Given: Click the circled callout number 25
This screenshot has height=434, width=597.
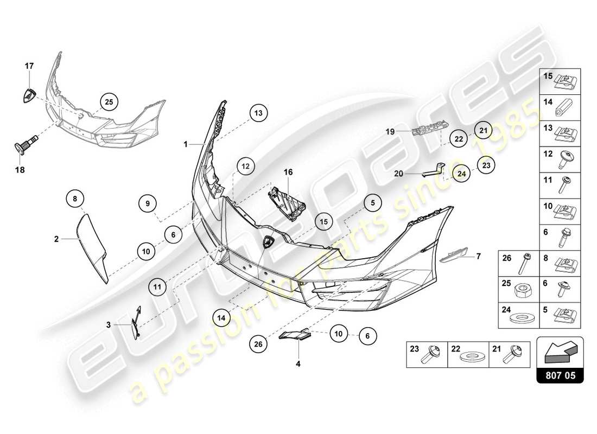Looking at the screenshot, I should coord(109,101).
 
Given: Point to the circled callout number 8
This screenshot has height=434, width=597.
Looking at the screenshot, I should coord(75,199).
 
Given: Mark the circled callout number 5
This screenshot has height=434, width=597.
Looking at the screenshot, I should coord(373,203).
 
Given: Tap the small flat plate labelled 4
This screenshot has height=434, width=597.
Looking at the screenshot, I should coord(294,336).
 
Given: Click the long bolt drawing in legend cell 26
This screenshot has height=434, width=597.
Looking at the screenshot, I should coord(525,264).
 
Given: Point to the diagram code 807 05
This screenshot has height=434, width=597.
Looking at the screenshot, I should coord(560,374).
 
